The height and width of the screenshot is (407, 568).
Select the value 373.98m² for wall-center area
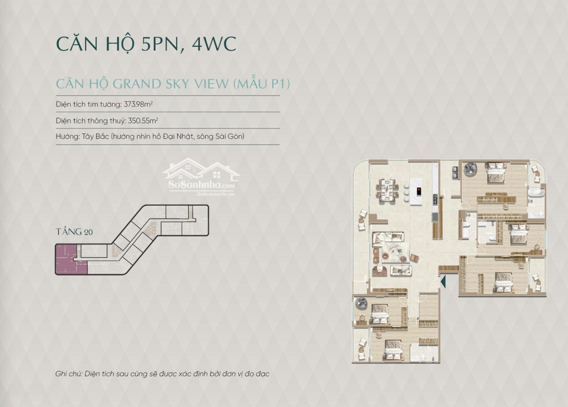(138, 104)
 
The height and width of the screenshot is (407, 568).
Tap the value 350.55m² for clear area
(143, 120)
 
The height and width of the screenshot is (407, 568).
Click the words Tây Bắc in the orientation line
(95, 137)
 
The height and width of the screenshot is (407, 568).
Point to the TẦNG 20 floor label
(74, 232)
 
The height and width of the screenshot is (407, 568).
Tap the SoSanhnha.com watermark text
(201, 185)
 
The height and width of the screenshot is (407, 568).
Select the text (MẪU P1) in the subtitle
(261, 84)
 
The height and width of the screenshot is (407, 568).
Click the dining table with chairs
(387, 190)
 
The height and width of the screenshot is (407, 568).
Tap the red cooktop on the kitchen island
(419, 191)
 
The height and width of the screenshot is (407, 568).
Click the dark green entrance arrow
(443, 281)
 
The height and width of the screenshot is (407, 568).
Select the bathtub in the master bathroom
(536, 192)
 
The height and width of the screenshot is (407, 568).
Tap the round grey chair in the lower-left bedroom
(361, 303)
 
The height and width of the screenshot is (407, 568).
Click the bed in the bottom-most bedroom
(393, 350)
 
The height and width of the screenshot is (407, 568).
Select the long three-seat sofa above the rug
(388, 237)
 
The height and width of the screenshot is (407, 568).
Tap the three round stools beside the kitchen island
(406, 191)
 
